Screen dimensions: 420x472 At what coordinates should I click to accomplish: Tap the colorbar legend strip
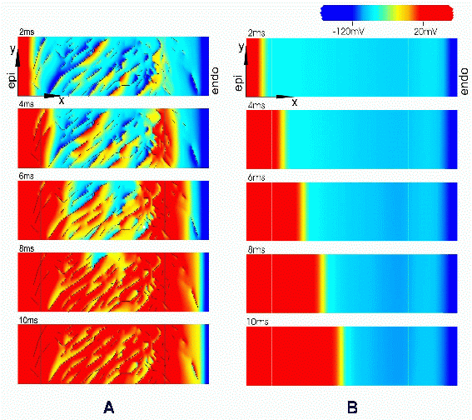click(386, 12)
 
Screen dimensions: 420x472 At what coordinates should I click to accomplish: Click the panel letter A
click(107, 407)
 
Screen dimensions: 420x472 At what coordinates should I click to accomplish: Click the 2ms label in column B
click(256, 33)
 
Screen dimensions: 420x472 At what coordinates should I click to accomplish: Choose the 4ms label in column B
click(256, 106)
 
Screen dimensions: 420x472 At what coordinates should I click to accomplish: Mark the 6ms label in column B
click(256, 177)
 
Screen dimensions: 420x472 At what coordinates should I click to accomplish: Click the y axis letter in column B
click(241, 49)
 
